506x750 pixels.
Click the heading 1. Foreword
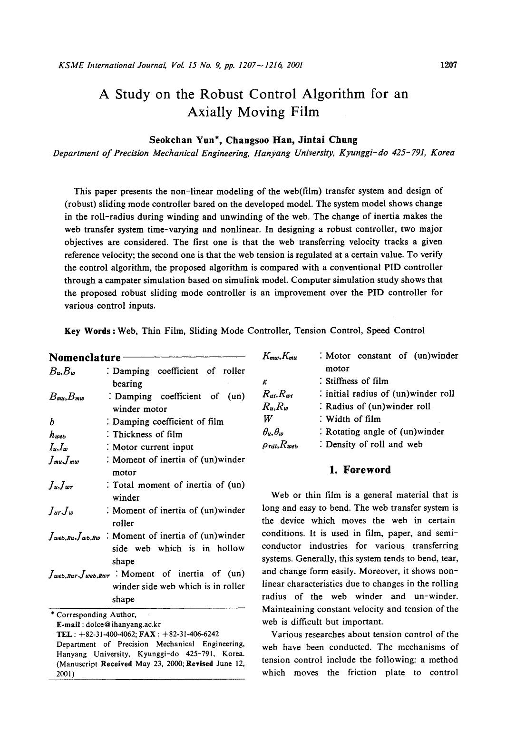(360, 470)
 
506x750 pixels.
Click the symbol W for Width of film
(267, 419)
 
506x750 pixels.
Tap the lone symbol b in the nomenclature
(51, 422)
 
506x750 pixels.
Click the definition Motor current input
(153, 447)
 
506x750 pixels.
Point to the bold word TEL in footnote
(63, 634)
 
